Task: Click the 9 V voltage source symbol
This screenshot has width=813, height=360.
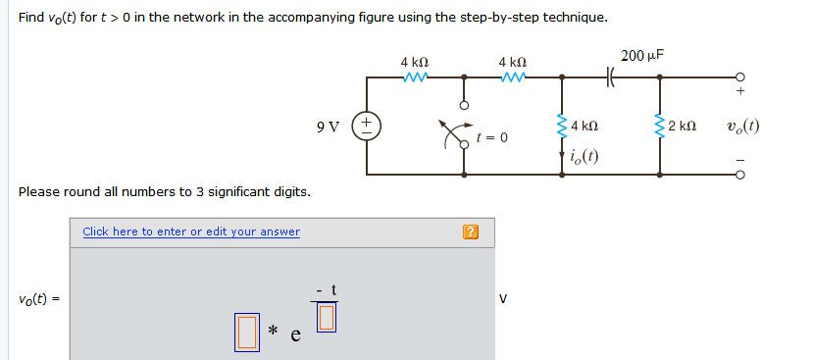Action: click(x=367, y=126)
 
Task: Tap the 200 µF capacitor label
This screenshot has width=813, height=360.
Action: click(x=641, y=55)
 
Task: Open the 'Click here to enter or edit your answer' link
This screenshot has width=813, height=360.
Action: click(x=191, y=231)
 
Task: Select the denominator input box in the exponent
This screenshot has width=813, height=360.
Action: click(x=327, y=316)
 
